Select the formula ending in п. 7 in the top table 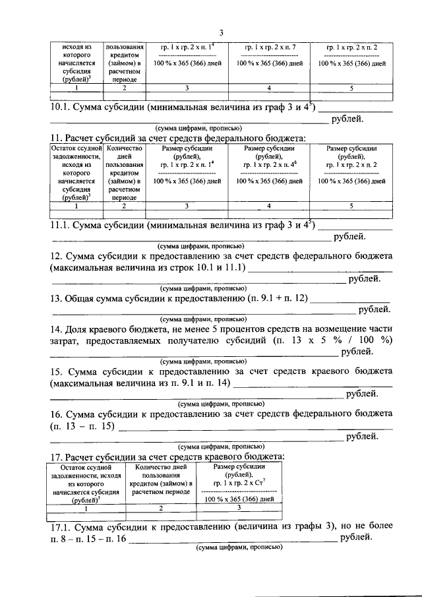point(269,48)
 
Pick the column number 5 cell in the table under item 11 point(351,206)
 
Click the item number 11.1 point(61,225)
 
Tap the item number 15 point(57,371)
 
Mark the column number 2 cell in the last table point(160,508)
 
